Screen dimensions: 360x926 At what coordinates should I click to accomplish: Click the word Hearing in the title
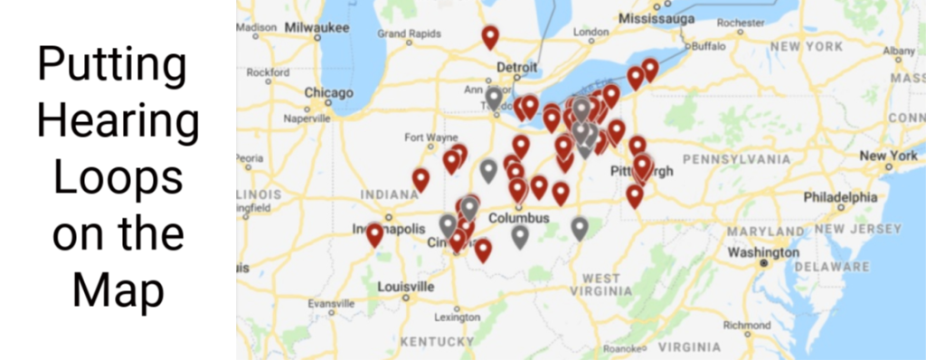(x=119, y=119)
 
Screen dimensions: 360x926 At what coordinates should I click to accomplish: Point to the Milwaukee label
(x=317, y=28)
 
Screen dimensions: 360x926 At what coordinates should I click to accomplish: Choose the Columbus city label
(x=518, y=219)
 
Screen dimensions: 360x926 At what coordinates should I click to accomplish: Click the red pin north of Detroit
(x=490, y=37)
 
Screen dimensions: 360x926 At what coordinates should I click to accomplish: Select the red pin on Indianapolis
(x=374, y=235)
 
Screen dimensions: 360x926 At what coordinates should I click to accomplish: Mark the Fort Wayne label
(x=425, y=138)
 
